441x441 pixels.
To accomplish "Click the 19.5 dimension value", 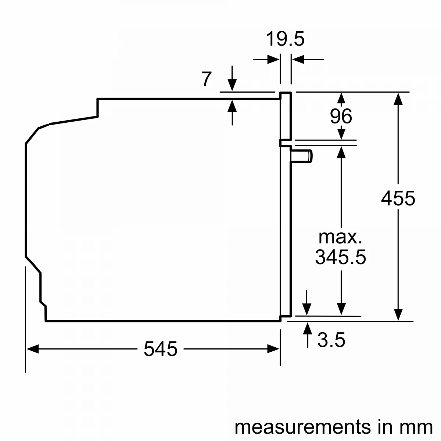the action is [x=285, y=39].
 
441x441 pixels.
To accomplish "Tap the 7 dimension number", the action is [x=207, y=79].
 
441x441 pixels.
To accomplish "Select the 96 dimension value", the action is [x=341, y=116].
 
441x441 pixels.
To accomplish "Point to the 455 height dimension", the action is [x=398, y=198].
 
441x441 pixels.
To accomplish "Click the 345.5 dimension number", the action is [x=341, y=257].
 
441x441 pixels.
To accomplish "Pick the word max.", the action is [x=341, y=237].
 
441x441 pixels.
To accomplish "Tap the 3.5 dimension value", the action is [x=331, y=340].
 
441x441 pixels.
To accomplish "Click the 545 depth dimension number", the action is [x=161, y=349].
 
